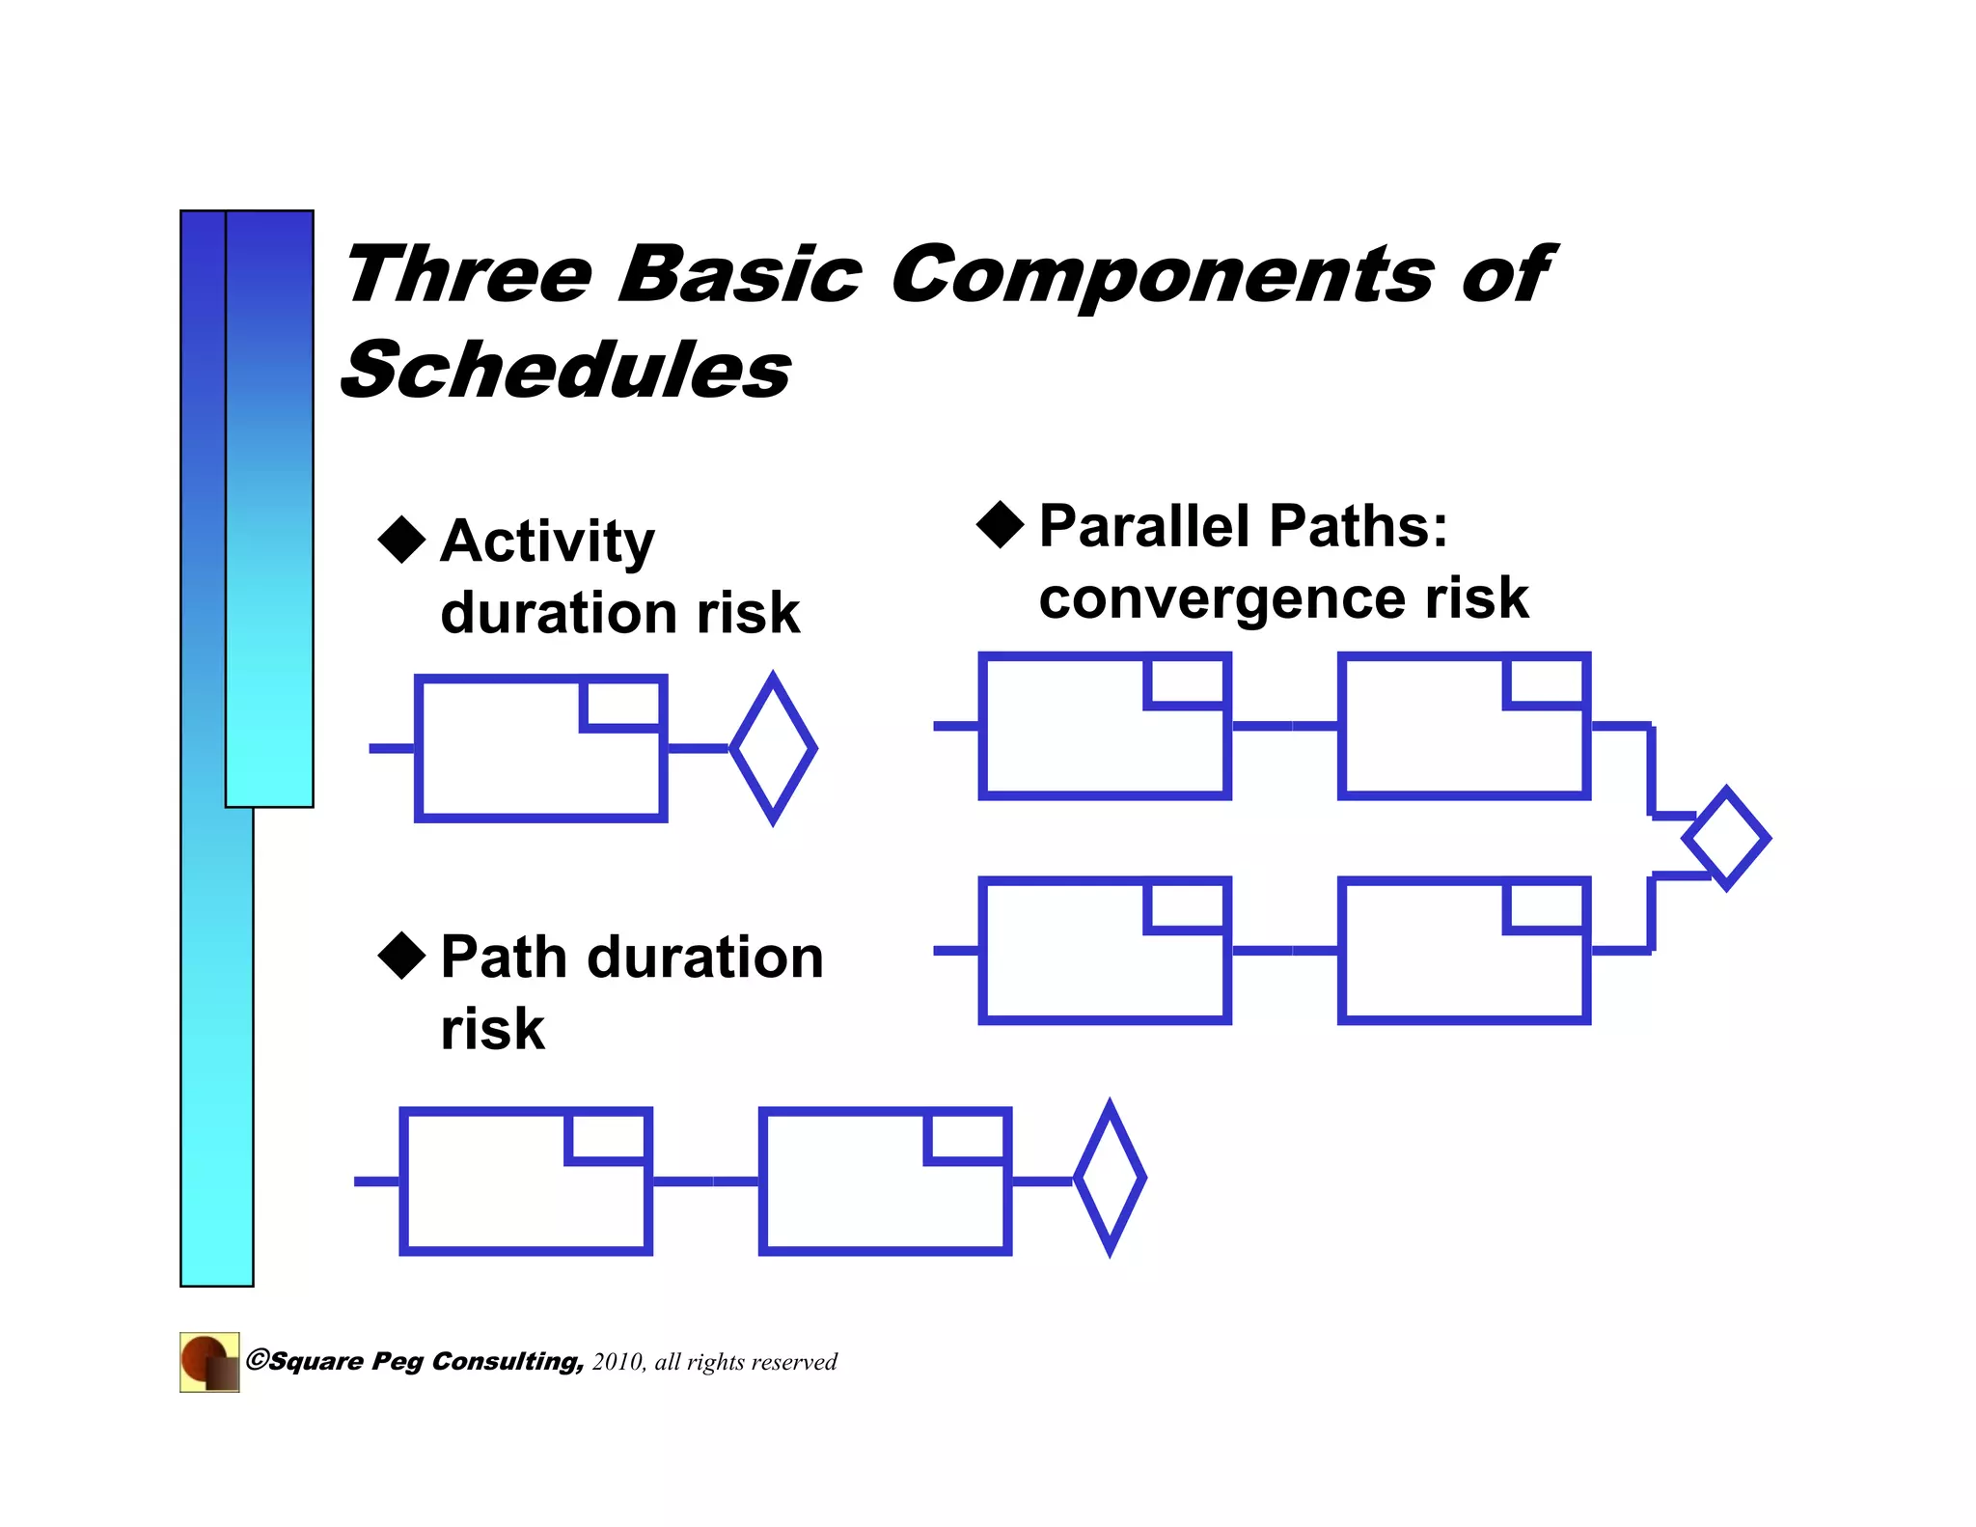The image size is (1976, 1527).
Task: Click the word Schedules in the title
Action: tap(566, 371)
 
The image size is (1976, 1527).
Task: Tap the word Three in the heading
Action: tap(469, 275)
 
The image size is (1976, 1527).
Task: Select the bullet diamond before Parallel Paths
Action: tap(1000, 524)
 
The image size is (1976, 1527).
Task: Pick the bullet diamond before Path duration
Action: tap(401, 956)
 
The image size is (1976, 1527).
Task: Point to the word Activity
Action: tap(547, 541)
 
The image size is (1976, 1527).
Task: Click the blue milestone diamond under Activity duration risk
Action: tap(773, 748)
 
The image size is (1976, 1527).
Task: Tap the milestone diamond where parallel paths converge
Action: tap(1725, 838)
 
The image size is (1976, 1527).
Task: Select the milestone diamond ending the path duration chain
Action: tap(1110, 1178)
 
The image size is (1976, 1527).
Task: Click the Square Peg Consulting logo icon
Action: tap(209, 1362)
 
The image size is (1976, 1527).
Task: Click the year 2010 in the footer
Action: tap(617, 1362)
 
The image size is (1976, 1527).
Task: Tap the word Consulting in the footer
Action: tap(508, 1362)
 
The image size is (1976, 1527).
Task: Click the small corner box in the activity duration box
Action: tap(623, 705)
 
